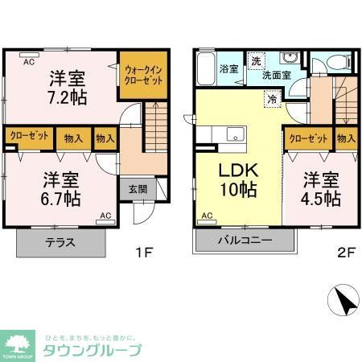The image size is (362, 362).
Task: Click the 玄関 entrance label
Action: click(137, 190)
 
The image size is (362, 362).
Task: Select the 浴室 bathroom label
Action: click(228, 69)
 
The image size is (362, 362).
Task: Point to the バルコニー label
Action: click(245, 241)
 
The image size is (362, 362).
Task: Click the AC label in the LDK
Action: click(206, 215)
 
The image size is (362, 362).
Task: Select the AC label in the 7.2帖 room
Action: click(28, 61)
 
